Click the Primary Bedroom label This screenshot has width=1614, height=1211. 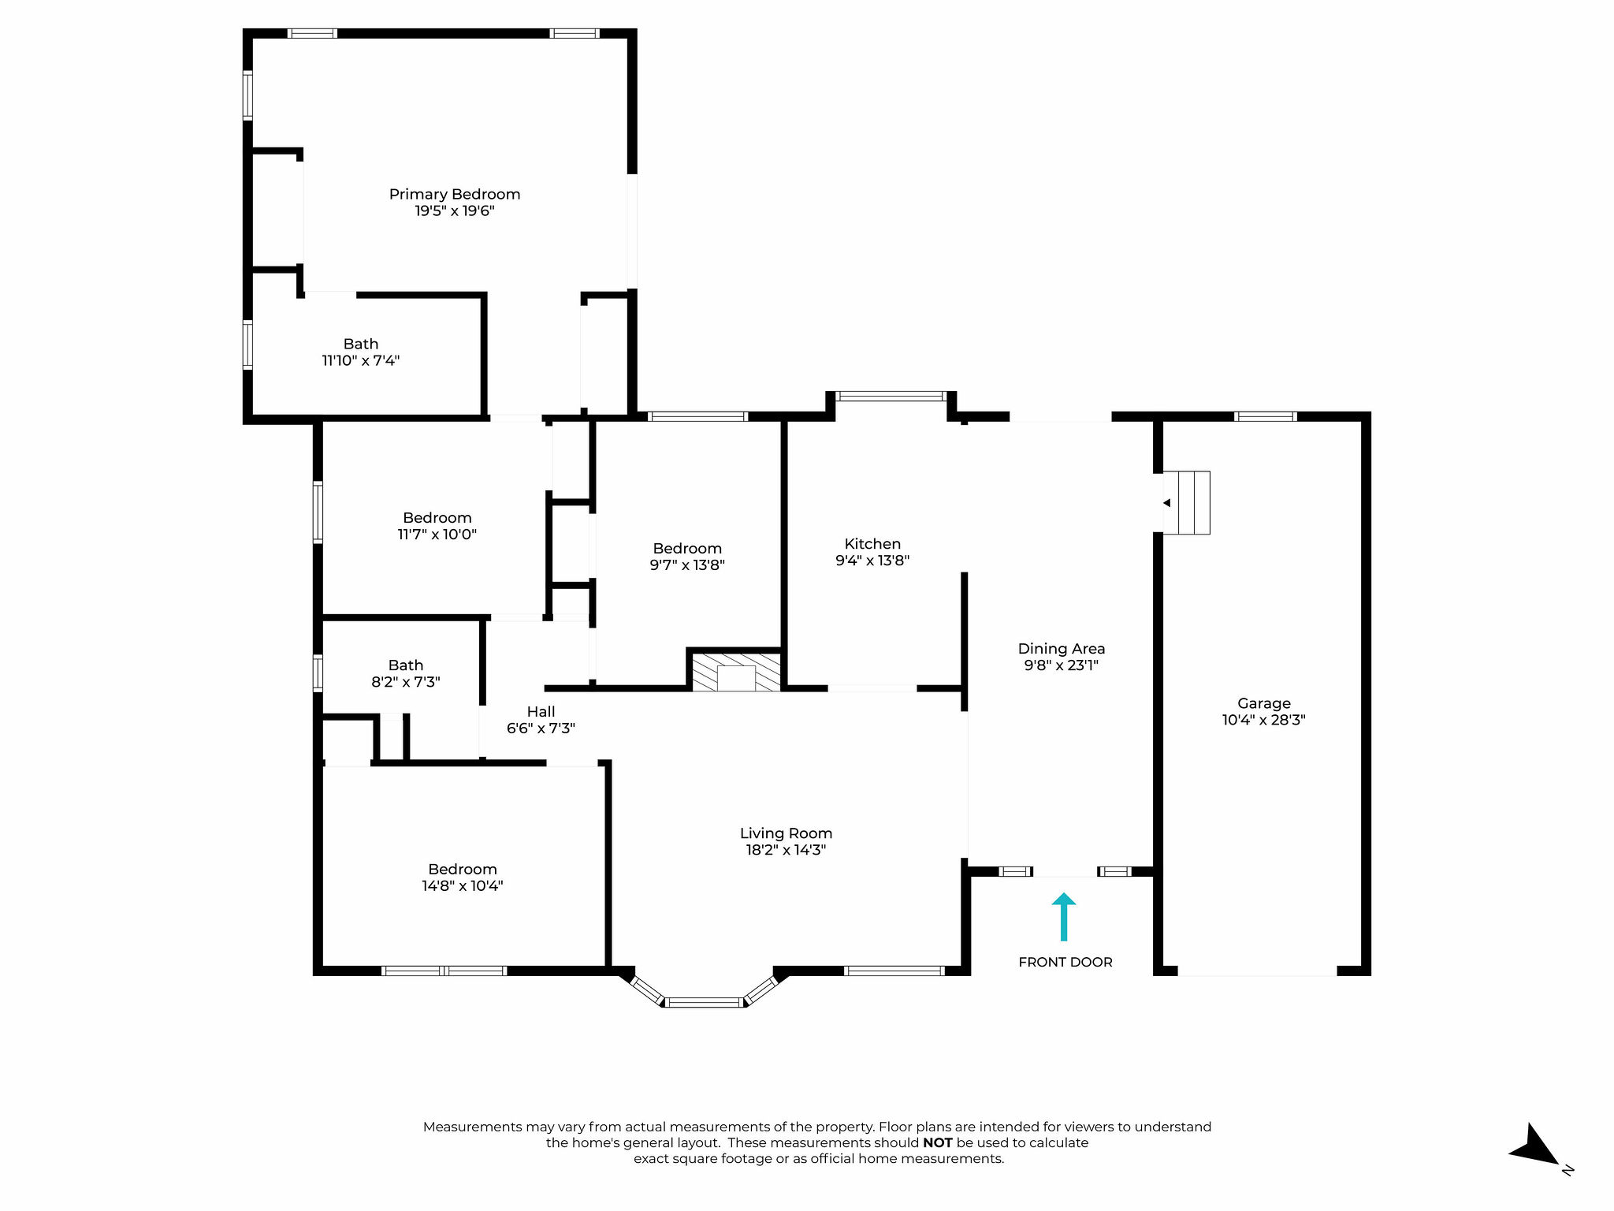pos(455,194)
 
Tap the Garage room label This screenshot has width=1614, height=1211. pos(1264,703)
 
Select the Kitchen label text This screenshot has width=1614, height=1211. pos(872,544)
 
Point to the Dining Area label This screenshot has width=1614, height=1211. pos(1062,649)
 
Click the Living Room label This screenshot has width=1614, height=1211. pos(786,833)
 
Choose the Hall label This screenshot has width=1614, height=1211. pos(541,712)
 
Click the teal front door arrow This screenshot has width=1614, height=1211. pos(1064,916)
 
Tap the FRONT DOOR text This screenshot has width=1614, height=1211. pos(1065,962)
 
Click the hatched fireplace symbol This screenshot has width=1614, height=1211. pos(736,672)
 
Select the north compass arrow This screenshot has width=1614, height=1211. pos(1534,1146)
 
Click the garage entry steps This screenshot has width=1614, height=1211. pos(1187,503)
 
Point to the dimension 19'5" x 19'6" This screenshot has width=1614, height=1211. pos(455,211)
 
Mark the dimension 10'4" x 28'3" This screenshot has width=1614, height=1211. pos(1264,720)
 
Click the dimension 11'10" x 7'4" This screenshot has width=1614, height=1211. pos(361,361)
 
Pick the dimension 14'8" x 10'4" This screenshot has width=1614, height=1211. pos(463,886)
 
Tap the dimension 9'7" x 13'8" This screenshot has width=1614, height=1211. pos(687,565)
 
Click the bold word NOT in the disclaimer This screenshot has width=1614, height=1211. pos(938,1143)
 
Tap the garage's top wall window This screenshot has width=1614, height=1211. pos(1265,416)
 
